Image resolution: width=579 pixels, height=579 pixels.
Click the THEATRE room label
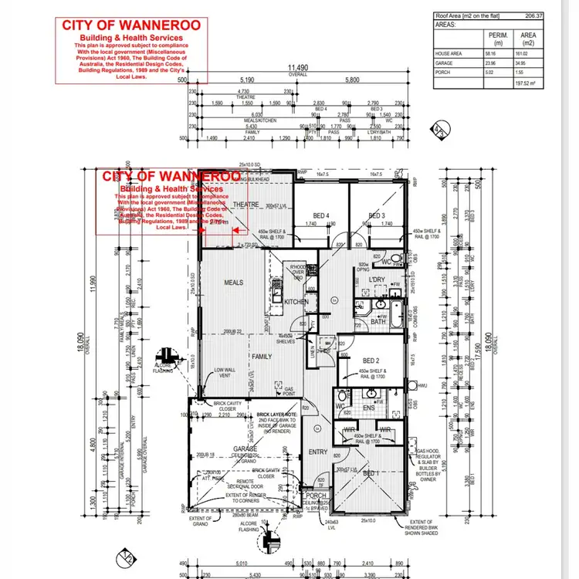point(246,205)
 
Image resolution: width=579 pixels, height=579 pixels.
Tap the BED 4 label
point(320,215)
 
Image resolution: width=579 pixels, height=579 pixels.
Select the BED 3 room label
point(376,215)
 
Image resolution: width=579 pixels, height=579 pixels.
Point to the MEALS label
point(234,283)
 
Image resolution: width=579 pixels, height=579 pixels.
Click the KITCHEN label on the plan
point(296,302)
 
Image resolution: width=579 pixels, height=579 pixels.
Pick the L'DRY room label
point(377,279)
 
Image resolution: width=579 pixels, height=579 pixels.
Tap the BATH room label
point(378,322)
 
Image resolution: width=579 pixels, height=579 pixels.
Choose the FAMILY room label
point(260,357)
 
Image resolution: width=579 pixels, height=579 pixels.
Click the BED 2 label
point(371,361)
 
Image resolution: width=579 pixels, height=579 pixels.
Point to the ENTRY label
point(318,452)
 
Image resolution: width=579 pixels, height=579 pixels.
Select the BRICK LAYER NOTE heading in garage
point(279,415)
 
